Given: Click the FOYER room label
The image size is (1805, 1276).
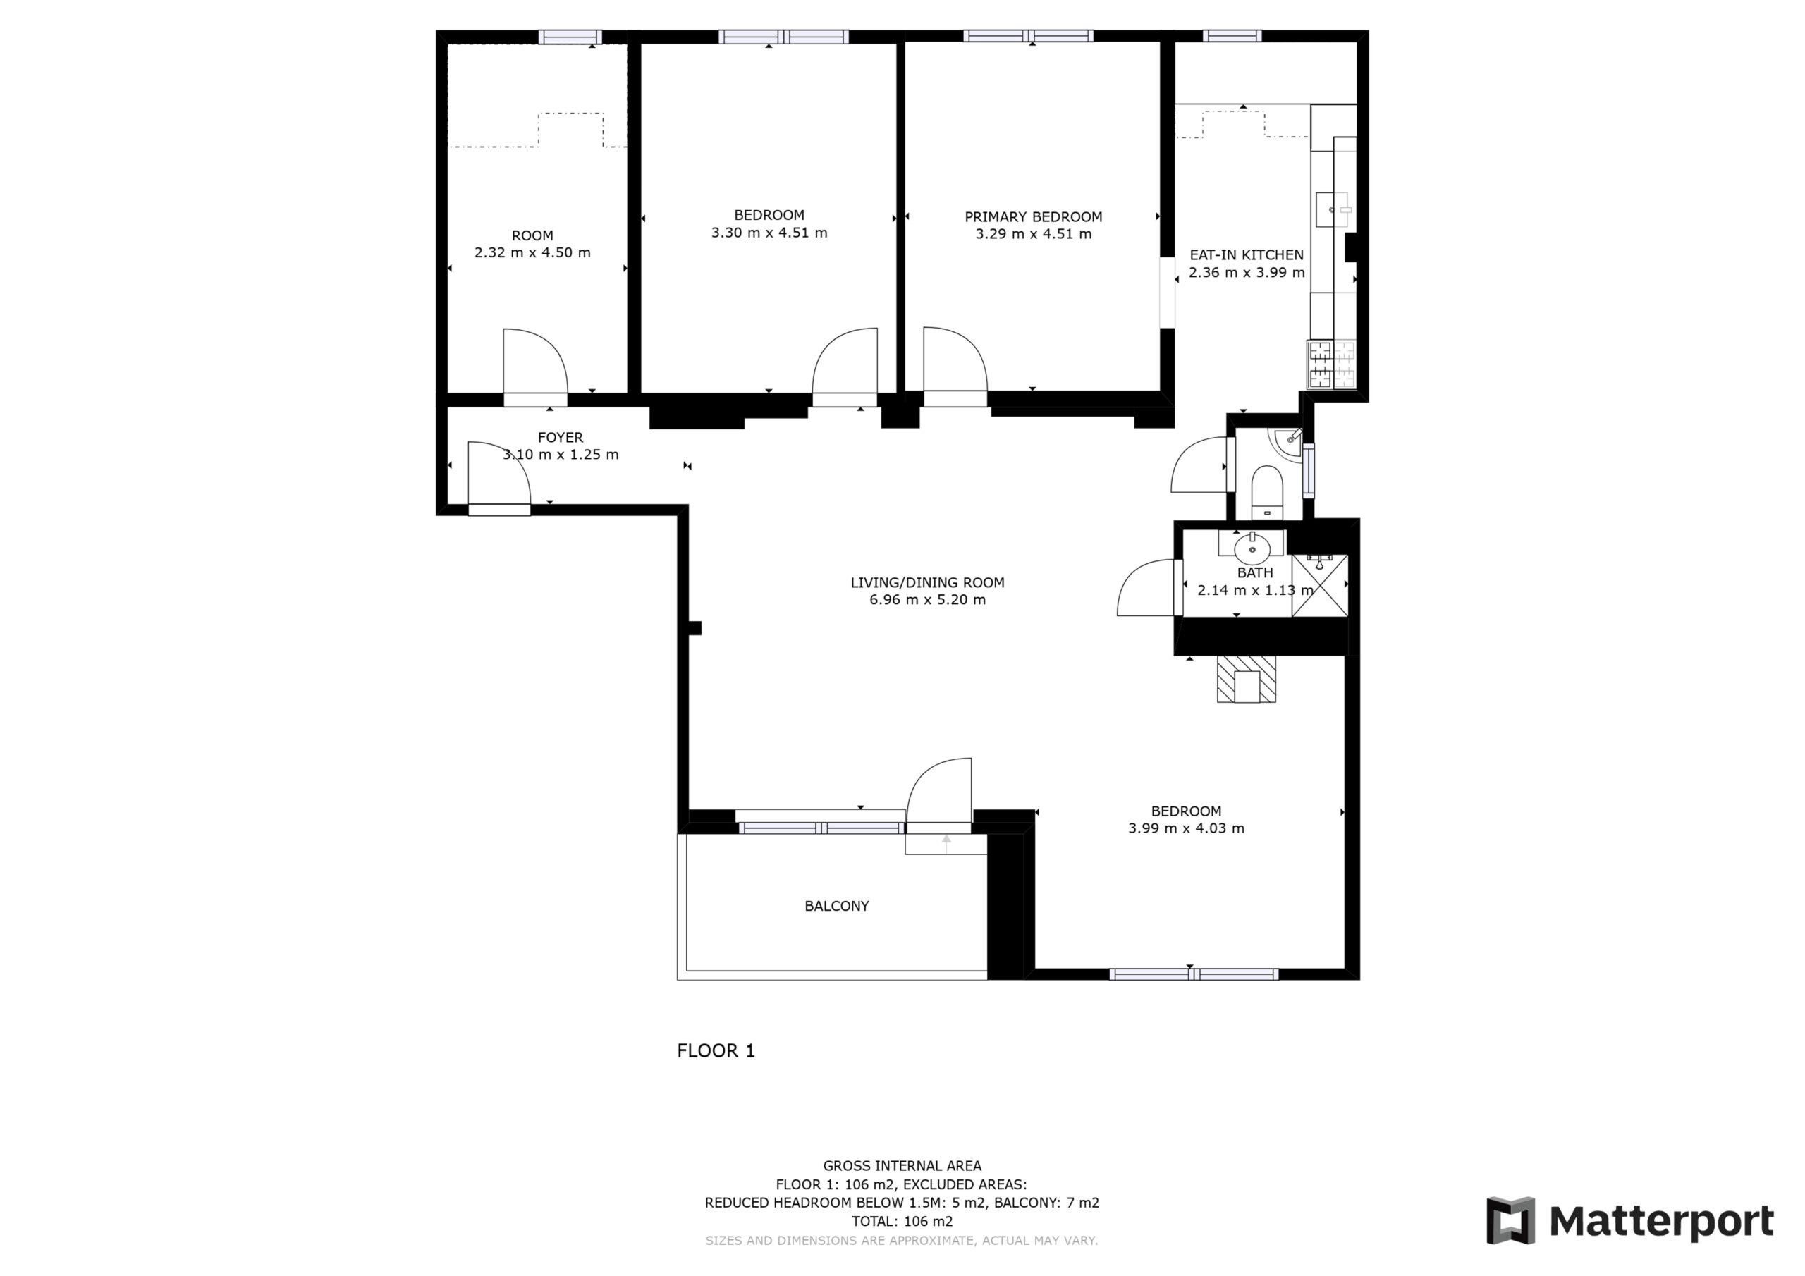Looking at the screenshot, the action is [561, 437].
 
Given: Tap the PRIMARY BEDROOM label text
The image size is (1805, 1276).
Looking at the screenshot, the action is [1033, 217].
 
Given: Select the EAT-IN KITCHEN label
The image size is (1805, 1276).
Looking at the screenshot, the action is [1246, 254].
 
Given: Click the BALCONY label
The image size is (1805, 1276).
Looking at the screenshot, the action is [836, 906].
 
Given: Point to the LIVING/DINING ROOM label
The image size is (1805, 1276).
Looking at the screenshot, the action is [928, 582].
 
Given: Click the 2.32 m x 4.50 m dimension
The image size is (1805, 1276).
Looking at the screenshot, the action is [532, 252].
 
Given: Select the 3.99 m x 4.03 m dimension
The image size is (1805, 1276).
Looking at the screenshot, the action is [1187, 828].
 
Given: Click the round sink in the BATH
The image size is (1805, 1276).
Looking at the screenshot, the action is [1252, 548].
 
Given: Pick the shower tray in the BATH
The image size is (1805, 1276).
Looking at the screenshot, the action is [1319, 585].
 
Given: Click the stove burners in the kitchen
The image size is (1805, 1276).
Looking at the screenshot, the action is [1332, 364].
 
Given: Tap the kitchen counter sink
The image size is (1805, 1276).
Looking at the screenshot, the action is [1333, 210].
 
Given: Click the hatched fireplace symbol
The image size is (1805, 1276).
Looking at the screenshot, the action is [1246, 680].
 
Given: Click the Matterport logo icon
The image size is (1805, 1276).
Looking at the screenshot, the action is [1510, 1221].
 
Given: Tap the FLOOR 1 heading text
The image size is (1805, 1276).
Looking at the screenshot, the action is [716, 1050].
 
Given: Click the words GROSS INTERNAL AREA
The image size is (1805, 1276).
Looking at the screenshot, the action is [902, 1166].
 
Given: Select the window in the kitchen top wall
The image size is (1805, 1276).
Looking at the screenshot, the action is [1232, 35].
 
